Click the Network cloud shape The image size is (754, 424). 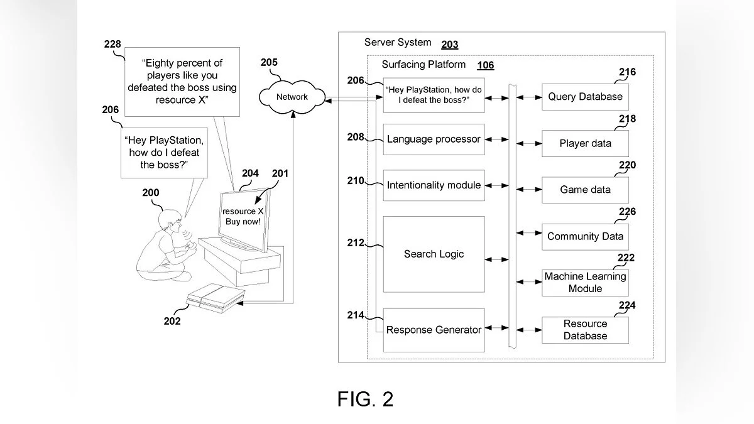(x=292, y=97)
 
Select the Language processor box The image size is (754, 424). (x=434, y=139)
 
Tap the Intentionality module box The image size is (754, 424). (x=434, y=185)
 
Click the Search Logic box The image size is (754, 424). (x=434, y=254)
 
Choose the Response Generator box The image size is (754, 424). (x=434, y=330)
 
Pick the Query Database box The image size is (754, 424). (x=585, y=97)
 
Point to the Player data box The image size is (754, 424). (x=585, y=143)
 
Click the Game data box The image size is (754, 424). (x=585, y=190)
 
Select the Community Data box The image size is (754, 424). (x=585, y=237)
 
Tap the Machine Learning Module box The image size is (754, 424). (x=585, y=283)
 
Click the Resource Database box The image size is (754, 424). (x=585, y=330)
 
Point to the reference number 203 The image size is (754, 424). (x=450, y=44)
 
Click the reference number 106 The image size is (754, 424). (x=486, y=65)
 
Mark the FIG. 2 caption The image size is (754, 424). (x=365, y=399)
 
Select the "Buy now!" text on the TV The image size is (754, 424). (x=243, y=222)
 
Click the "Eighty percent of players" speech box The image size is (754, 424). (x=182, y=82)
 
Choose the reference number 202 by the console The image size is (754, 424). (x=172, y=321)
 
